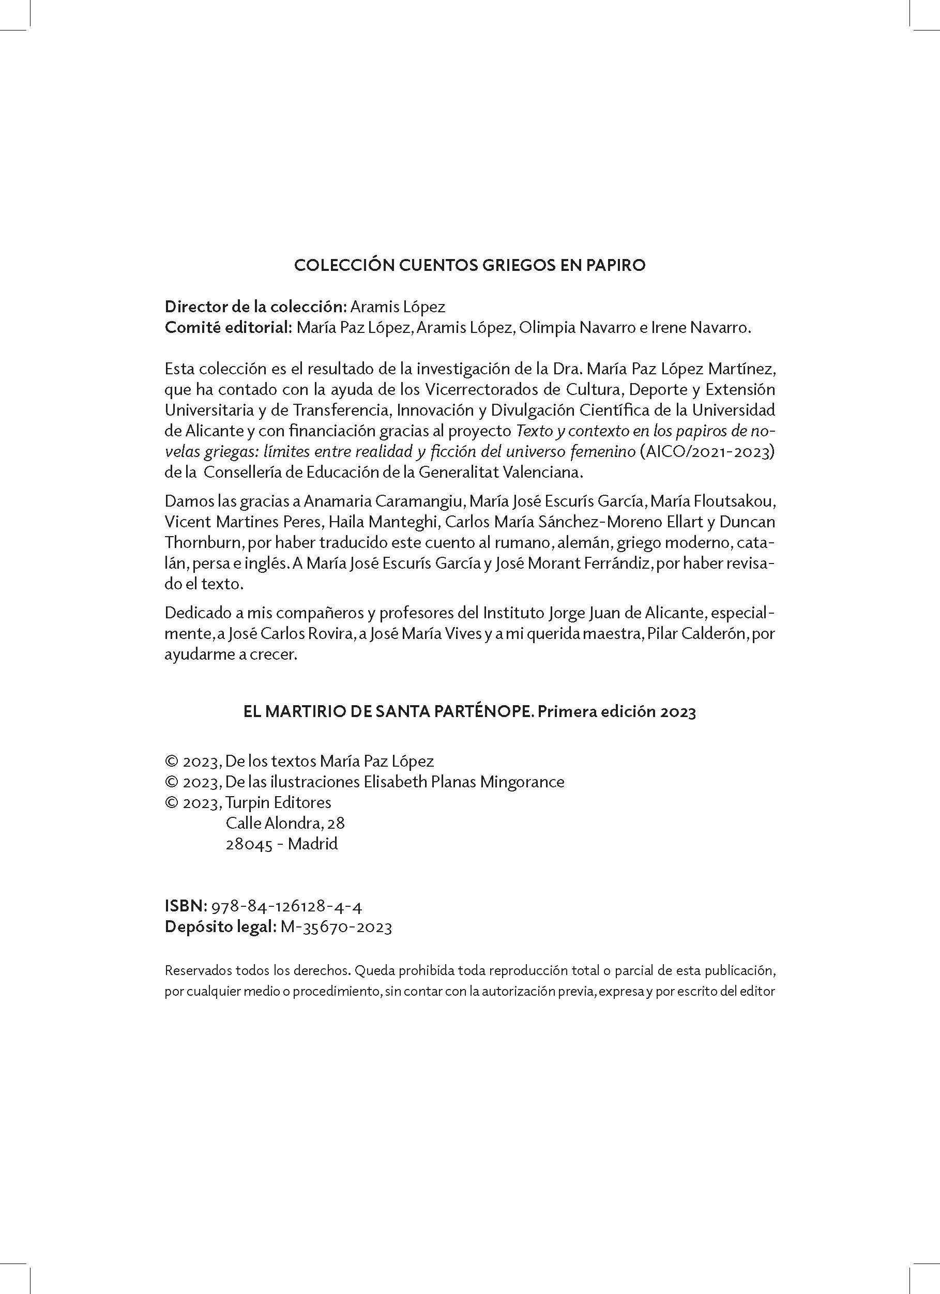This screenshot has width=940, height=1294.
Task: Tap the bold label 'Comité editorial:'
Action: (229, 328)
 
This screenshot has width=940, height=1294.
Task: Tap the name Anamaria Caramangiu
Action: (385, 501)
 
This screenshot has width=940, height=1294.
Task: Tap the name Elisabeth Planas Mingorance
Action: (464, 782)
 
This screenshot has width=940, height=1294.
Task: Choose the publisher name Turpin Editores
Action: (279, 802)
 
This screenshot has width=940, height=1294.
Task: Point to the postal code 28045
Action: (249, 844)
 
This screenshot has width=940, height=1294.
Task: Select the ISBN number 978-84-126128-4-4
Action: (286, 906)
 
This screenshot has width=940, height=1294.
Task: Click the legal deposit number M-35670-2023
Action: (336, 927)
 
